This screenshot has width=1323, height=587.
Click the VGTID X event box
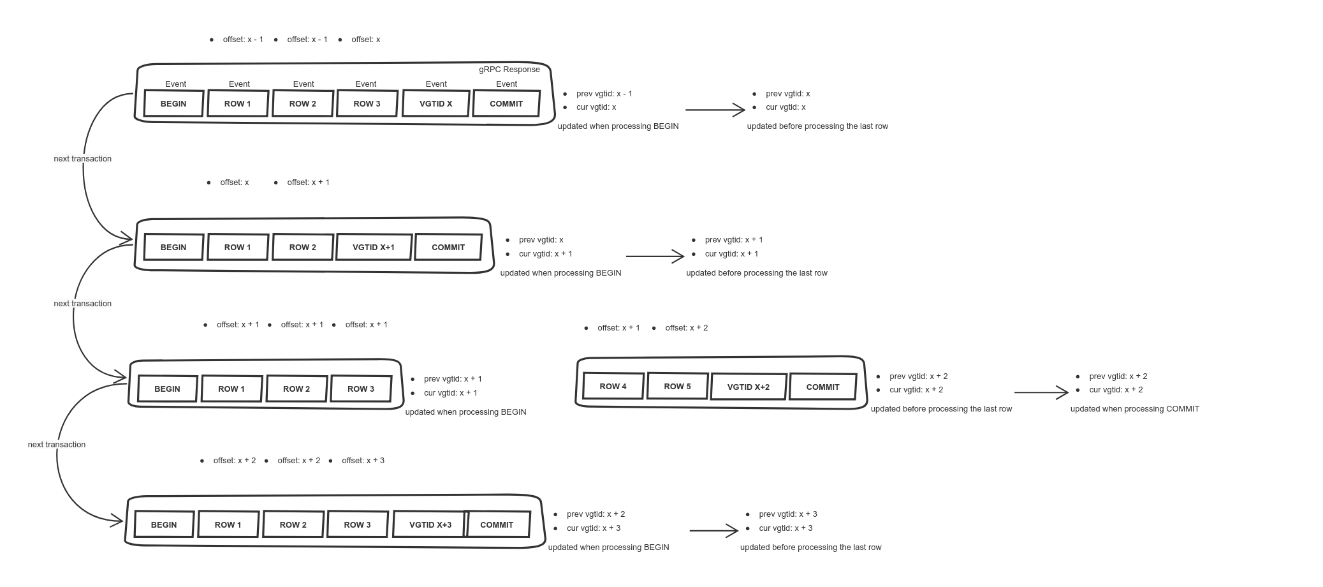436,103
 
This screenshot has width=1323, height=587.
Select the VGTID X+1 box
374,247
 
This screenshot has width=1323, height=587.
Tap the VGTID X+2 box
748,387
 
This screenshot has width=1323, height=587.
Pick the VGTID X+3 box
430,524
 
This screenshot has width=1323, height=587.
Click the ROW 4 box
613,386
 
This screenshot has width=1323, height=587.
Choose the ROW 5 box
677,386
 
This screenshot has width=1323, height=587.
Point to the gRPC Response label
509,70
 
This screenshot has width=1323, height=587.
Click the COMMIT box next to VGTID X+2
822,387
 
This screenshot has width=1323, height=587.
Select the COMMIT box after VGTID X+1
448,247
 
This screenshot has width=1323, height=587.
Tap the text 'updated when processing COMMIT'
1134,408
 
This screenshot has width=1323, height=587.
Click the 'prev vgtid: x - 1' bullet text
604,94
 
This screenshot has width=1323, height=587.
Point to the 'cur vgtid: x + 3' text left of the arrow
593,528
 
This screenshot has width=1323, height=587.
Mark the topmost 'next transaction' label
82,158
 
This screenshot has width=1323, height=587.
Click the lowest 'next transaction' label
56,444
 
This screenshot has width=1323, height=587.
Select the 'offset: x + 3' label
363,461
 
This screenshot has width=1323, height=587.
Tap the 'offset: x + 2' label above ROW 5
686,328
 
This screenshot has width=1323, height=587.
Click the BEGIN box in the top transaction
173,103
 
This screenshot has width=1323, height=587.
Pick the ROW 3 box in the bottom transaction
357,524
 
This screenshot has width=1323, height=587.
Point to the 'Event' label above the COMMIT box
506,84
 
